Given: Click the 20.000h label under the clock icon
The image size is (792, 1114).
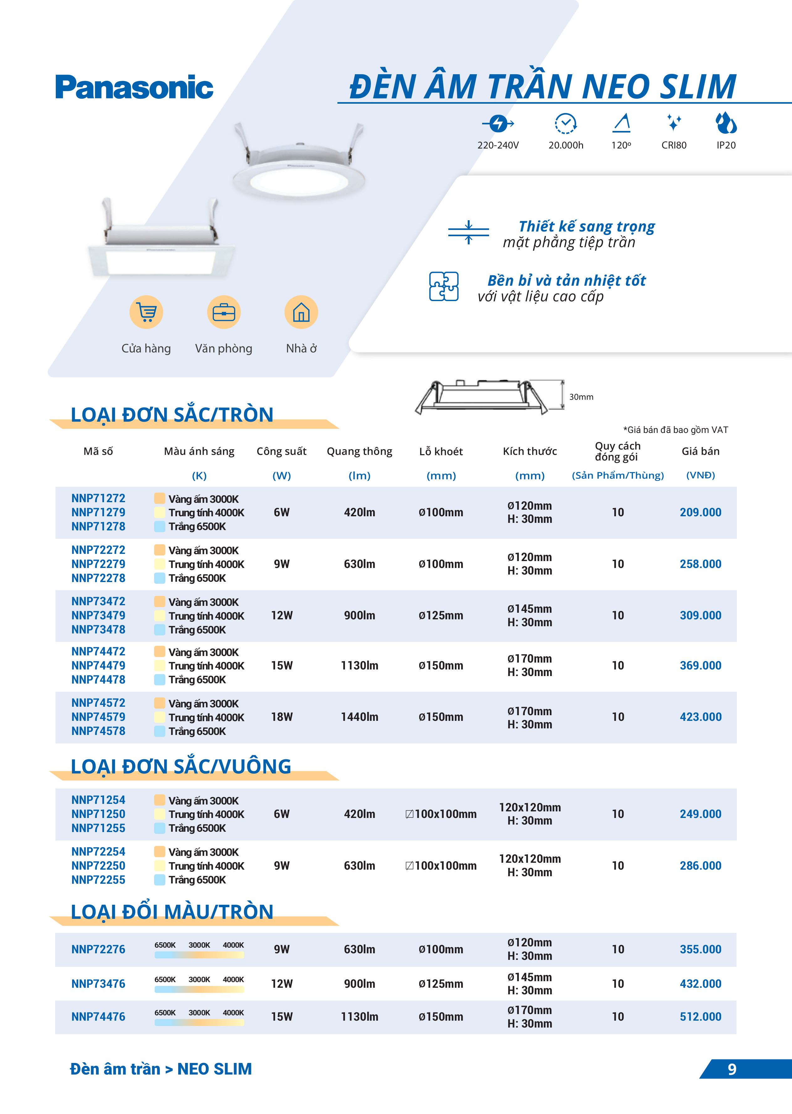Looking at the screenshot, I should click(566, 145).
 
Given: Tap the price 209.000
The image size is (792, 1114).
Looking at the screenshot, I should click(700, 513).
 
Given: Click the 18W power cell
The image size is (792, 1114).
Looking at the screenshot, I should click(282, 717).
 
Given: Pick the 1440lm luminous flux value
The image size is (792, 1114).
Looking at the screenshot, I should click(359, 717).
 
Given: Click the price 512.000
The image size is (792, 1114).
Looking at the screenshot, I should click(700, 1017).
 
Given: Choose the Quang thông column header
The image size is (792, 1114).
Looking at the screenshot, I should click(359, 451).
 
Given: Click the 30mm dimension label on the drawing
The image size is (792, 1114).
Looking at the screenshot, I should click(581, 397).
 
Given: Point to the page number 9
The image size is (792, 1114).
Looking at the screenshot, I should click(732, 1069).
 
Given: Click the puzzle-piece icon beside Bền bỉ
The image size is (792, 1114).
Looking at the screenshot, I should click(443, 286).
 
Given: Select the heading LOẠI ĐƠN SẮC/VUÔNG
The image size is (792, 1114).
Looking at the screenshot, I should click(181, 766).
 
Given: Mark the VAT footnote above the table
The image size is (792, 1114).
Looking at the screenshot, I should click(675, 430).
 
